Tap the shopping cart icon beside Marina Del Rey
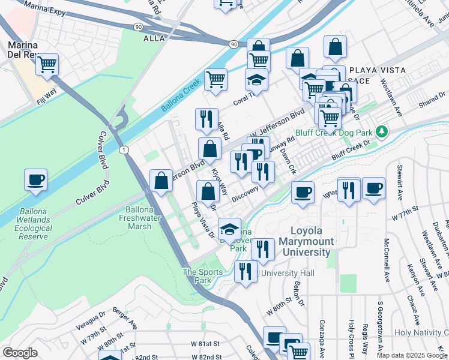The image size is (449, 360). click(47, 64)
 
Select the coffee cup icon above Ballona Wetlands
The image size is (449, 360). click(35, 179)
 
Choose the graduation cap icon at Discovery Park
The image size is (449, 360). click(229, 229)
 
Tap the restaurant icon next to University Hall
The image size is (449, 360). click(244, 271)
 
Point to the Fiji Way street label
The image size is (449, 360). click(46, 97)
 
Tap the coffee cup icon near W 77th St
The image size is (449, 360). click(373, 187)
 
